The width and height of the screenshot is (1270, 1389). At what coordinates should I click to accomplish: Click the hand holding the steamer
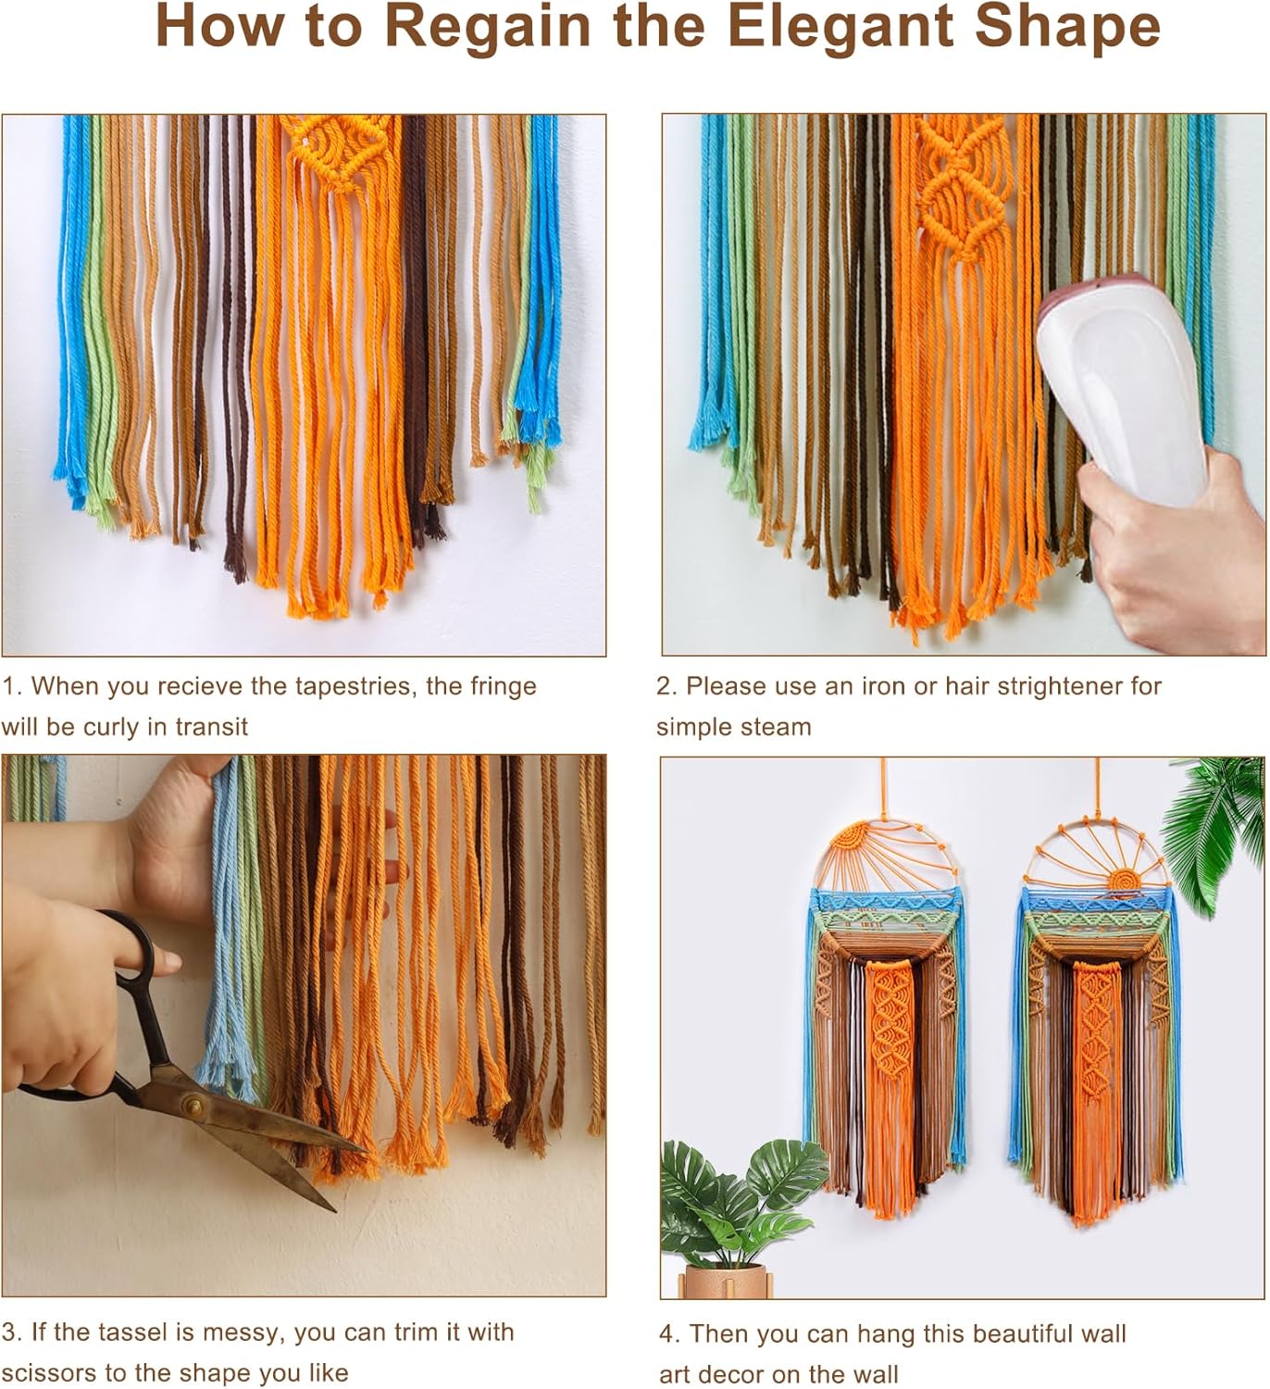tap(1171, 546)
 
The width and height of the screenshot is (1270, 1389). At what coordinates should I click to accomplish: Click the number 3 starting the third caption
tap(9, 1333)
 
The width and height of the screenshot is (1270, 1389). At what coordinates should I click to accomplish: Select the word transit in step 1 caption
tap(211, 727)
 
